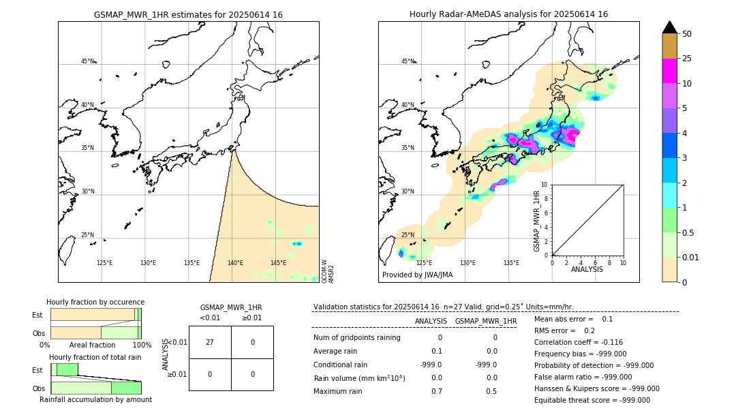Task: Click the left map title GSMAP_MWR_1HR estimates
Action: coord(188,14)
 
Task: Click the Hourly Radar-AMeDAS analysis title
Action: coord(508,14)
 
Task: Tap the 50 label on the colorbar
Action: coord(687,34)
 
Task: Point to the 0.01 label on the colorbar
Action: coord(692,257)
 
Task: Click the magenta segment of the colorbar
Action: coord(670,71)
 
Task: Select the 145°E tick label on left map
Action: coord(278,263)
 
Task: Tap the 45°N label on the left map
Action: coord(88,61)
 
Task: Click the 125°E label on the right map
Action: coord(424,263)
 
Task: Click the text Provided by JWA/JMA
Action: coord(417,275)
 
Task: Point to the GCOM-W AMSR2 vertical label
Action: coord(328,271)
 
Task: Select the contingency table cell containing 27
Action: coord(210,342)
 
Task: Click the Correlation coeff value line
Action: coord(578,342)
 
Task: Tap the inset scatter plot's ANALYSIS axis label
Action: coord(587,269)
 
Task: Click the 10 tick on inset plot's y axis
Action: coord(545,184)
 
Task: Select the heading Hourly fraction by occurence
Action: coord(95,302)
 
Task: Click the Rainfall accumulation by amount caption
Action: coord(95,399)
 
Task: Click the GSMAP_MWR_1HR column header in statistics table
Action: coord(485,321)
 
